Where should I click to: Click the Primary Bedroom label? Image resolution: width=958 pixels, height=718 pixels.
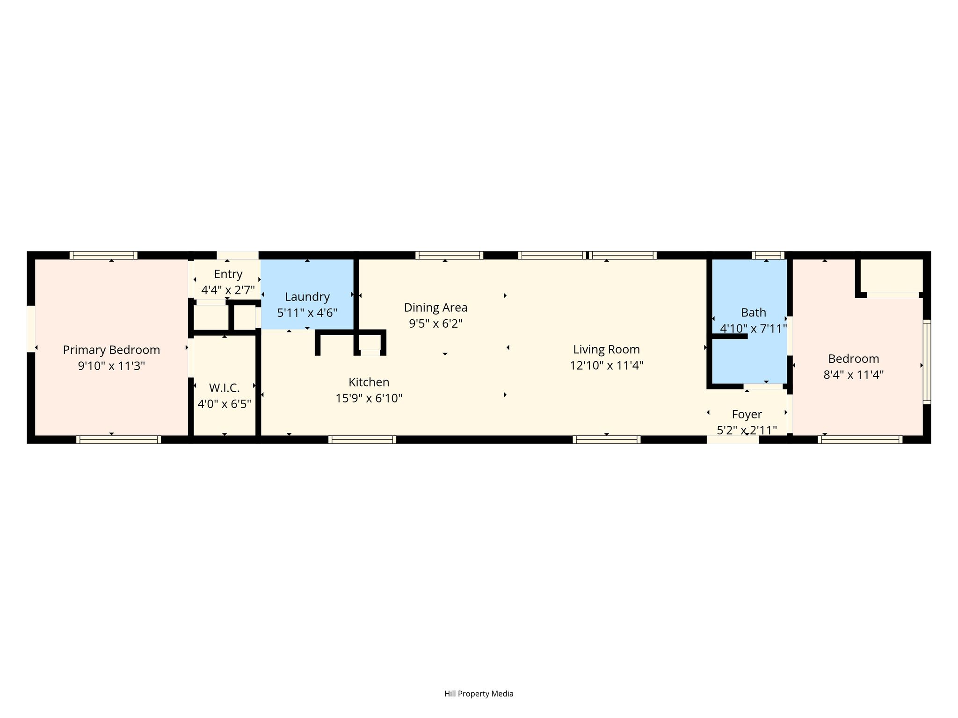[x=111, y=350]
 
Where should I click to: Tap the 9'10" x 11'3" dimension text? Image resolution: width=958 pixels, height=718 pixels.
[x=111, y=366]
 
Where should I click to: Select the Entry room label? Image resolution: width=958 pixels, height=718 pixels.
[x=228, y=274]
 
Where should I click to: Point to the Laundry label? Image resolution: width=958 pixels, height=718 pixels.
[x=307, y=297]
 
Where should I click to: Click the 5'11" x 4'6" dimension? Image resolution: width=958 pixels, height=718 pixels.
[x=307, y=313]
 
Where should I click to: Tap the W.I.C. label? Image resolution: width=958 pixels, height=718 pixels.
[x=225, y=388]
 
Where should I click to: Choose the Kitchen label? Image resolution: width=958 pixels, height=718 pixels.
[x=369, y=382]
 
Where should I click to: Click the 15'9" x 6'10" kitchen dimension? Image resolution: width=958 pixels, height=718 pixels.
[x=369, y=398]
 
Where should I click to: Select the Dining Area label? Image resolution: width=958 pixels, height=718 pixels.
[x=435, y=308]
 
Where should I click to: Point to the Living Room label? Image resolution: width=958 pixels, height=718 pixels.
[x=607, y=350]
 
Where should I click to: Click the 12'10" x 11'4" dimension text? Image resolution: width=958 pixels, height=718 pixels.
[x=607, y=366]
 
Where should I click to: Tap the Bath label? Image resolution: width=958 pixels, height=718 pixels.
[x=754, y=312]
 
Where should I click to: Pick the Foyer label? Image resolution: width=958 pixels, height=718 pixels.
[x=747, y=415]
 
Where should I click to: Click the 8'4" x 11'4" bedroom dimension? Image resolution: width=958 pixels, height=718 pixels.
[x=854, y=375]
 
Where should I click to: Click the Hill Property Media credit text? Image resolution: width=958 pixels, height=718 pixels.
[x=479, y=694]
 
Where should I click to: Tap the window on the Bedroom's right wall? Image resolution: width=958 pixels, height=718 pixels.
[x=927, y=362]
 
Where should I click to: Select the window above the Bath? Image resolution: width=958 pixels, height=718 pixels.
[x=768, y=255]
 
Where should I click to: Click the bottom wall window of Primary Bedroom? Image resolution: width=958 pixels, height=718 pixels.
[x=118, y=439]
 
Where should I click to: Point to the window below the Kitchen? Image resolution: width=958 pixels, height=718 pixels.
[x=363, y=439]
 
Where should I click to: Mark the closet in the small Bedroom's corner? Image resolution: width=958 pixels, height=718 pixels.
[x=892, y=276]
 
